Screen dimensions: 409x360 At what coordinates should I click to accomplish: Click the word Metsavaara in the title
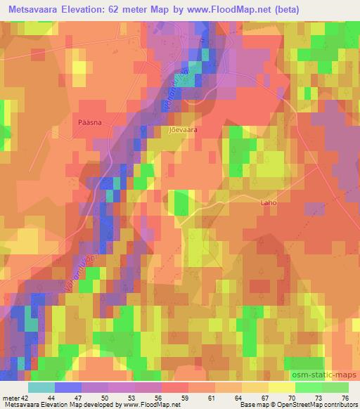(34, 9)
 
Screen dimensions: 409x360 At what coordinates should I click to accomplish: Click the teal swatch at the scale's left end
(41, 388)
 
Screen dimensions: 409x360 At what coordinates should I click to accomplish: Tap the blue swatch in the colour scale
(67, 388)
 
